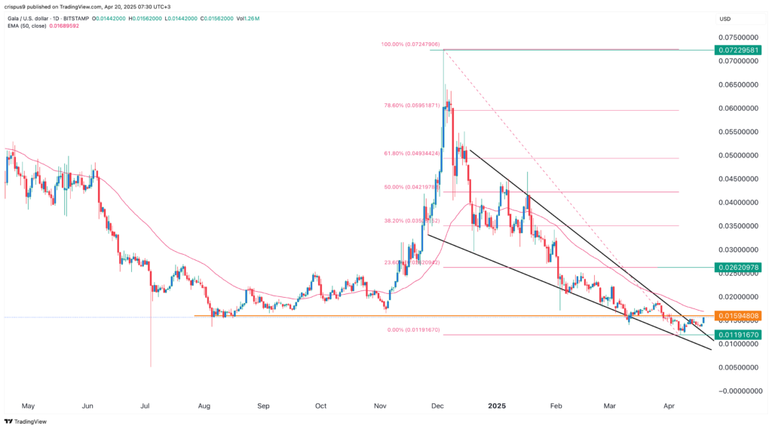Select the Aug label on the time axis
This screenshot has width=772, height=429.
(x=204, y=405)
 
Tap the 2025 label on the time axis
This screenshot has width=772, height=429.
(x=498, y=405)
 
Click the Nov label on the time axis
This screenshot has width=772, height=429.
(x=380, y=405)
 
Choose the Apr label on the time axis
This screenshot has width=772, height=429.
(x=669, y=405)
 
